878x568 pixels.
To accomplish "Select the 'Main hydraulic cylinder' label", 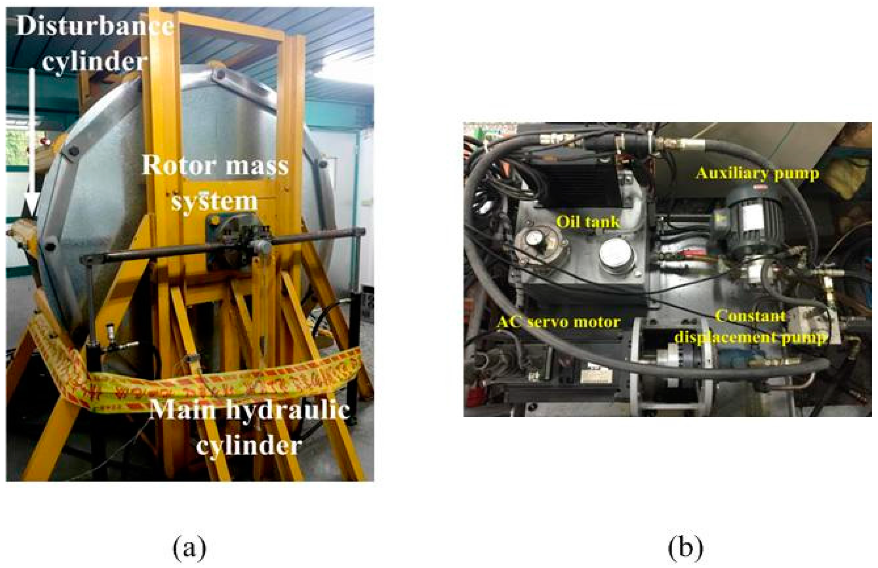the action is [249, 428].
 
